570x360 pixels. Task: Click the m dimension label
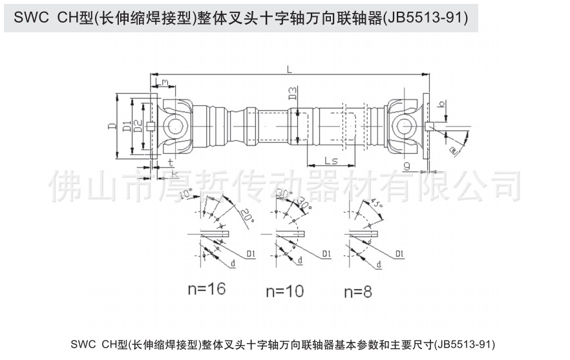click(165, 82)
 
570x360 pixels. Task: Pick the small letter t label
click(170, 162)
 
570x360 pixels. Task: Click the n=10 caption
click(285, 291)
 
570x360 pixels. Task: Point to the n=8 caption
click(357, 291)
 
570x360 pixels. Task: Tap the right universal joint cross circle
click(405, 125)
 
